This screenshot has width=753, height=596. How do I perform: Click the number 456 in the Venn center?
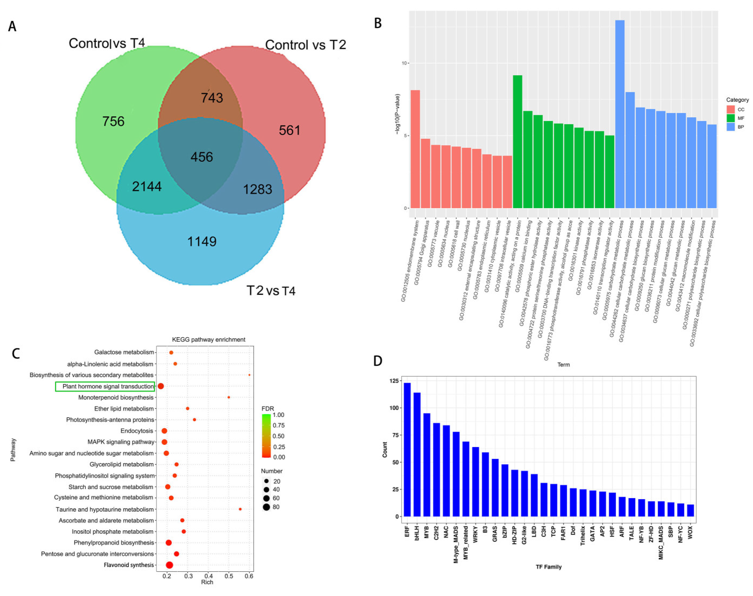pyautogui.click(x=202, y=157)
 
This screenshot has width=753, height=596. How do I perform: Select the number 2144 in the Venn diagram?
pyautogui.click(x=147, y=187)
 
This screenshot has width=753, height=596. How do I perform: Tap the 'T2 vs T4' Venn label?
pyautogui.click(x=271, y=291)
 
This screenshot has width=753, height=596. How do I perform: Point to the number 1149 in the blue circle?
pyautogui.click(x=202, y=242)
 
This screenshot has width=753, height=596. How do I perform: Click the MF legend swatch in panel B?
pyautogui.click(x=730, y=118)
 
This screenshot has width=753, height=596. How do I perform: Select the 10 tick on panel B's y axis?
pyautogui.click(x=404, y=63)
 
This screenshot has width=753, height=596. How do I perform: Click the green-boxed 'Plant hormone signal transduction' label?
pyautogui.click(x=108, y=386)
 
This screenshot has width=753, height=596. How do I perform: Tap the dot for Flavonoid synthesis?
pyautogui.click(x=170, y=565)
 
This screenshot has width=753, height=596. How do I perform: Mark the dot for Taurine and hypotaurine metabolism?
pyautogui.click(x=240, y=509)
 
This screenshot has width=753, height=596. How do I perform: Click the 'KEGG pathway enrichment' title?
pyautogui.click(x=209, y=339)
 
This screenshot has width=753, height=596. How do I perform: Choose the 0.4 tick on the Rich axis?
pyautogui.click(x=209, y=576)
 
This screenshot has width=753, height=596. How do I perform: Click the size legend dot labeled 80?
pyautogui.click(x=266, y=507)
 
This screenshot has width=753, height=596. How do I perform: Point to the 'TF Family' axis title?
pyautogui.click(x=549, y=567)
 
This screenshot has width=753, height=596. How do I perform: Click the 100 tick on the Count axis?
pyautogui.click(x=394, y=408)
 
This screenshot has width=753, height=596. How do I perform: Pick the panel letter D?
pyautogui.click(x=378, y=361)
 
